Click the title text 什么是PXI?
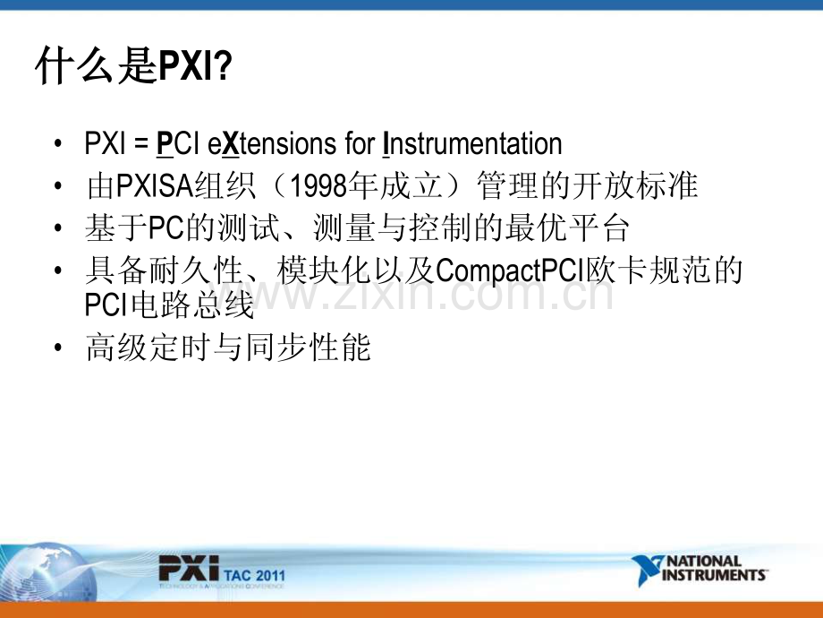133,67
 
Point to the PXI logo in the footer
188,569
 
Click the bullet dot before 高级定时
59,348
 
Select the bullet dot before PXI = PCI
59,145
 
